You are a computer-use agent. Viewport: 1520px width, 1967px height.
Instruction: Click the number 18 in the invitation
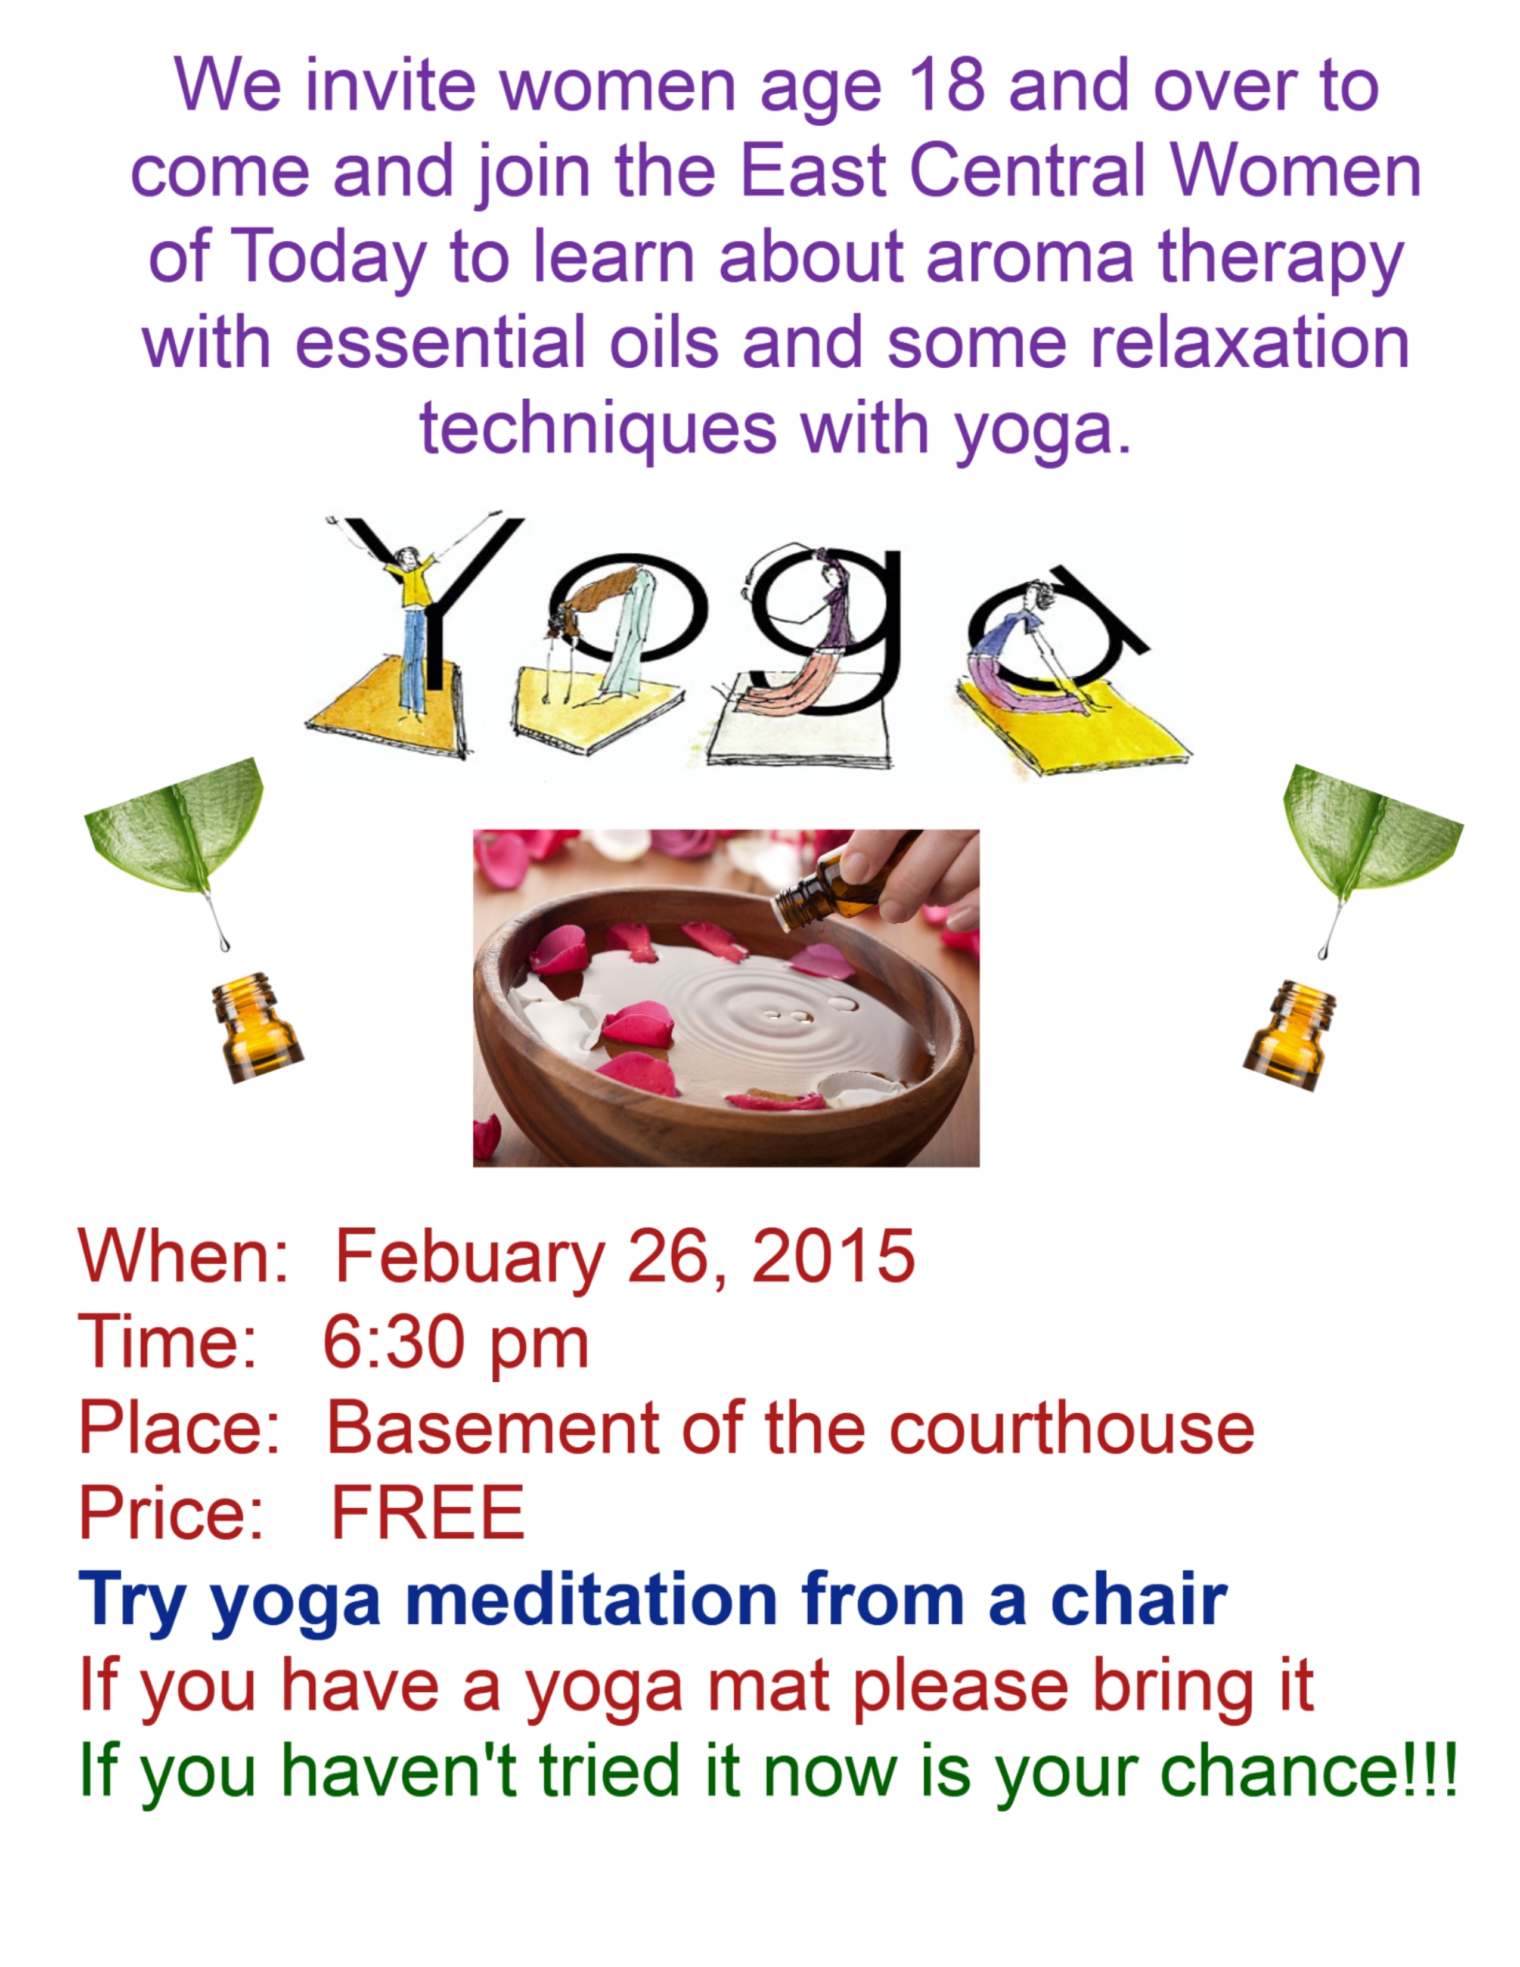[x=945, y=86]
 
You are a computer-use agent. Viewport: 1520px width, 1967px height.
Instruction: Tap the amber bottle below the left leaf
[x=256, y=1027]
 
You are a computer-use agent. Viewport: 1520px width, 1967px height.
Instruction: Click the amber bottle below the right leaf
[x=1289, y=1035]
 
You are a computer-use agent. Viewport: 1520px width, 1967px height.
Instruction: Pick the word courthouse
[x=1072, y=1428]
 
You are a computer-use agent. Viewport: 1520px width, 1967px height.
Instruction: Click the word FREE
[x=429, y=1513]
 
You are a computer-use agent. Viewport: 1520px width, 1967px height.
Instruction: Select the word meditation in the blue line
[x=592, y=1600]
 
